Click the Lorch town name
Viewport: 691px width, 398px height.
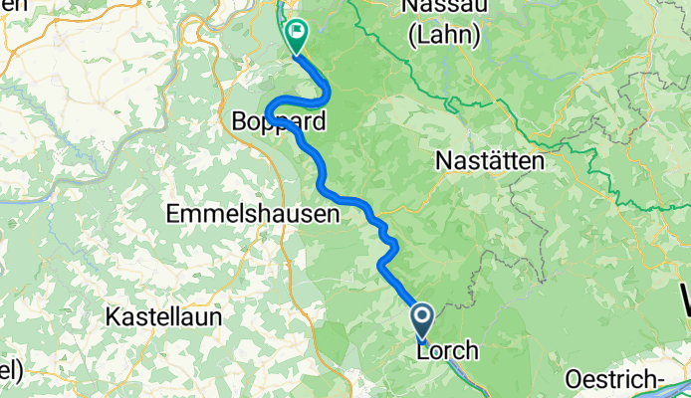pos(448,351)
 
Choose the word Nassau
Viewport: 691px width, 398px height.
pos(444,8)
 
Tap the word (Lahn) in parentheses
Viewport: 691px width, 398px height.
pos(444,36)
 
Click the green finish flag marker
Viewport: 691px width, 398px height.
pos(296,35)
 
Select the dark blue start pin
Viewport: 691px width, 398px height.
pos(422,319)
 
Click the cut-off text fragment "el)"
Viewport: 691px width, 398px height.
pos(10,369)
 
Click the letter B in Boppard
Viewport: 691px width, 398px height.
pos(238,123)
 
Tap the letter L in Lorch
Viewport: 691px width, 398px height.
pos(423,351)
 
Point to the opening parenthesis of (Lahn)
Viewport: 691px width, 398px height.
pos(413,36)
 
